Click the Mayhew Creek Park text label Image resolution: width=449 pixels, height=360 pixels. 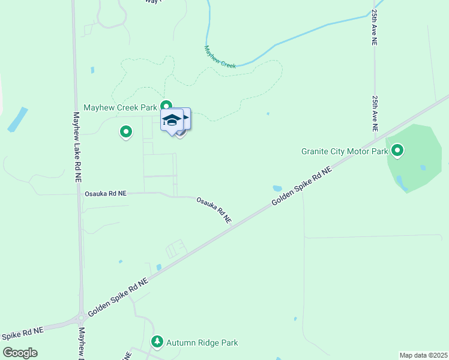(x=119, y=107)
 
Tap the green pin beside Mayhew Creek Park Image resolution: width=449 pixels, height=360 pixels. (x=166, y=106)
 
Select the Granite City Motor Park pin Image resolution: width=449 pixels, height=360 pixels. (x=397, y=151)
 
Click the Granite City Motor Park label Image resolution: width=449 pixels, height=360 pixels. (x=345, y=151)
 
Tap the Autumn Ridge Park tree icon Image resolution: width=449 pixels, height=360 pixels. (x=157, y=342)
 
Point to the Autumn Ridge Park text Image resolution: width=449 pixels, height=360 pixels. (x=202, y=343)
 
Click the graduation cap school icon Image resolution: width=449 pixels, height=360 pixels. (x=172, y=119)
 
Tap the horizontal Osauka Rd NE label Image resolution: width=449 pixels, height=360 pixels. (x=106, y=194)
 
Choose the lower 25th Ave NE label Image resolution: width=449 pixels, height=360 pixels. (x=375, y=113)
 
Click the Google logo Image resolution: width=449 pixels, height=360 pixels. (x=20, y=353)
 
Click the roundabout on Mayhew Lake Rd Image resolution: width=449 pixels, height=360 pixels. (x=80, y=318)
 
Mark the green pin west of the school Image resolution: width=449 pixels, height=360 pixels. (x=126, y=131)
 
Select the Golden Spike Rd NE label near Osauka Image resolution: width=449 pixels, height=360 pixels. (x=301, y=187)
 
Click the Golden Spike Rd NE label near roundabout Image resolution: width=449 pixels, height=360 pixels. (x=117, y=298)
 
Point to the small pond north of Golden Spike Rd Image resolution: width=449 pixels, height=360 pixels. (x=277, y=188)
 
